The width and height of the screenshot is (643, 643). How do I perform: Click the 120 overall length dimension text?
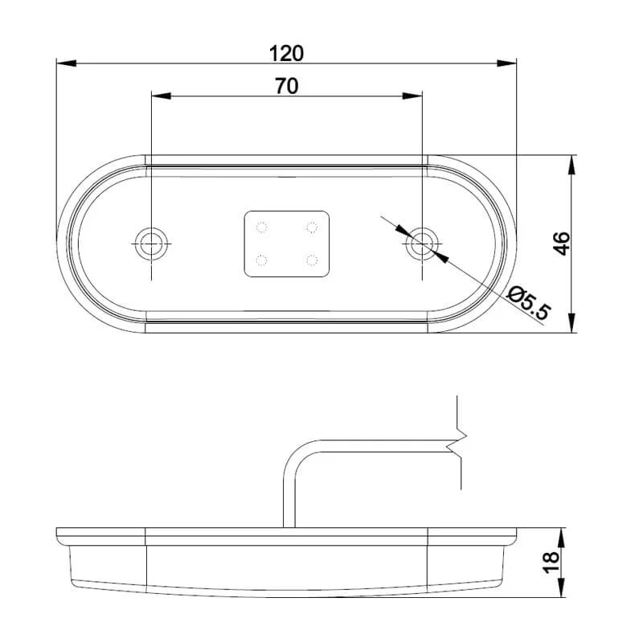[x=286, y=54]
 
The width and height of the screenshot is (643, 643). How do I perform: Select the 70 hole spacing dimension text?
[x=287, y=86]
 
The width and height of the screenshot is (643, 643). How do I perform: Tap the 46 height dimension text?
[x=562, y=244]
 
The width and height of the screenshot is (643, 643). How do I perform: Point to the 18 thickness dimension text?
[x=551, y=562]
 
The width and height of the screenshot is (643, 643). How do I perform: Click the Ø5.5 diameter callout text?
[x=527, y=303]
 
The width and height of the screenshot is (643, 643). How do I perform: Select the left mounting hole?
[x=151, y=244]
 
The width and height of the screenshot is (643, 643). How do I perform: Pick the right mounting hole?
[x=422, y=244]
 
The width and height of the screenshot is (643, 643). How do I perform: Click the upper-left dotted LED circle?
[x=261, y=227]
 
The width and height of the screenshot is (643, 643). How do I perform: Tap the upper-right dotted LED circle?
[x=312, y=227]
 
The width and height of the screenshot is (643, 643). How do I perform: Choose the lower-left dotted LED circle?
[x=261, y=260]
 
